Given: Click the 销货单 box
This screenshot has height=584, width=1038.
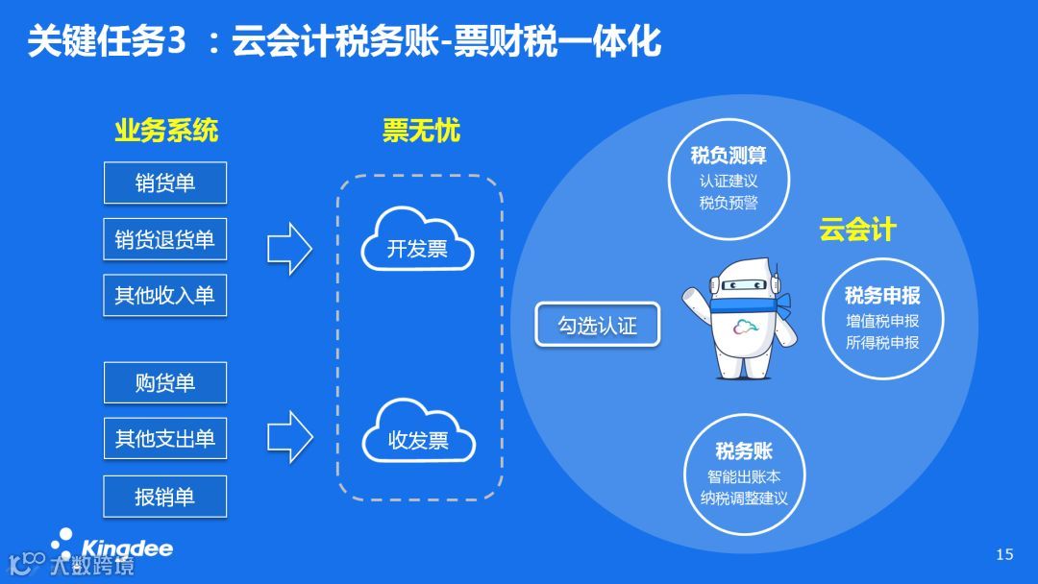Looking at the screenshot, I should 165,182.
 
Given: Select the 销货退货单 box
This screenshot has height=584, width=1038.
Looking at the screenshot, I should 165,239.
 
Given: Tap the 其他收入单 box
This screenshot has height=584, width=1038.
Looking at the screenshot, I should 165,295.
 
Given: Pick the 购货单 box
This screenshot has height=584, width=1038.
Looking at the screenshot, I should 165,382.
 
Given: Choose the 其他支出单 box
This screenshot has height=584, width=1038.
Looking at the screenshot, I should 165,439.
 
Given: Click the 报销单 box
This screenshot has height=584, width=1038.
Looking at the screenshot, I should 165,496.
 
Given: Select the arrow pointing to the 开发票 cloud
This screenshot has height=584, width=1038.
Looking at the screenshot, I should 289,249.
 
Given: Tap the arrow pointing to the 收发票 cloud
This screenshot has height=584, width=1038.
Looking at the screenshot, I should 289,437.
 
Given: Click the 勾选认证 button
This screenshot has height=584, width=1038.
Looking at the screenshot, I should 597,325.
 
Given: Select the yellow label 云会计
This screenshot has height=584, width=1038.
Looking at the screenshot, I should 857,230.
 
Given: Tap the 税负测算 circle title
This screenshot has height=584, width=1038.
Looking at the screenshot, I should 729,156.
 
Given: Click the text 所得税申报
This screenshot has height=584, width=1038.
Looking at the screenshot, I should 882,342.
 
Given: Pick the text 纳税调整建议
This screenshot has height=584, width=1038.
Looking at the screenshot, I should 744,499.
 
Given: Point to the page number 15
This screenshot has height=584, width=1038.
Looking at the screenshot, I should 1004,553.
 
